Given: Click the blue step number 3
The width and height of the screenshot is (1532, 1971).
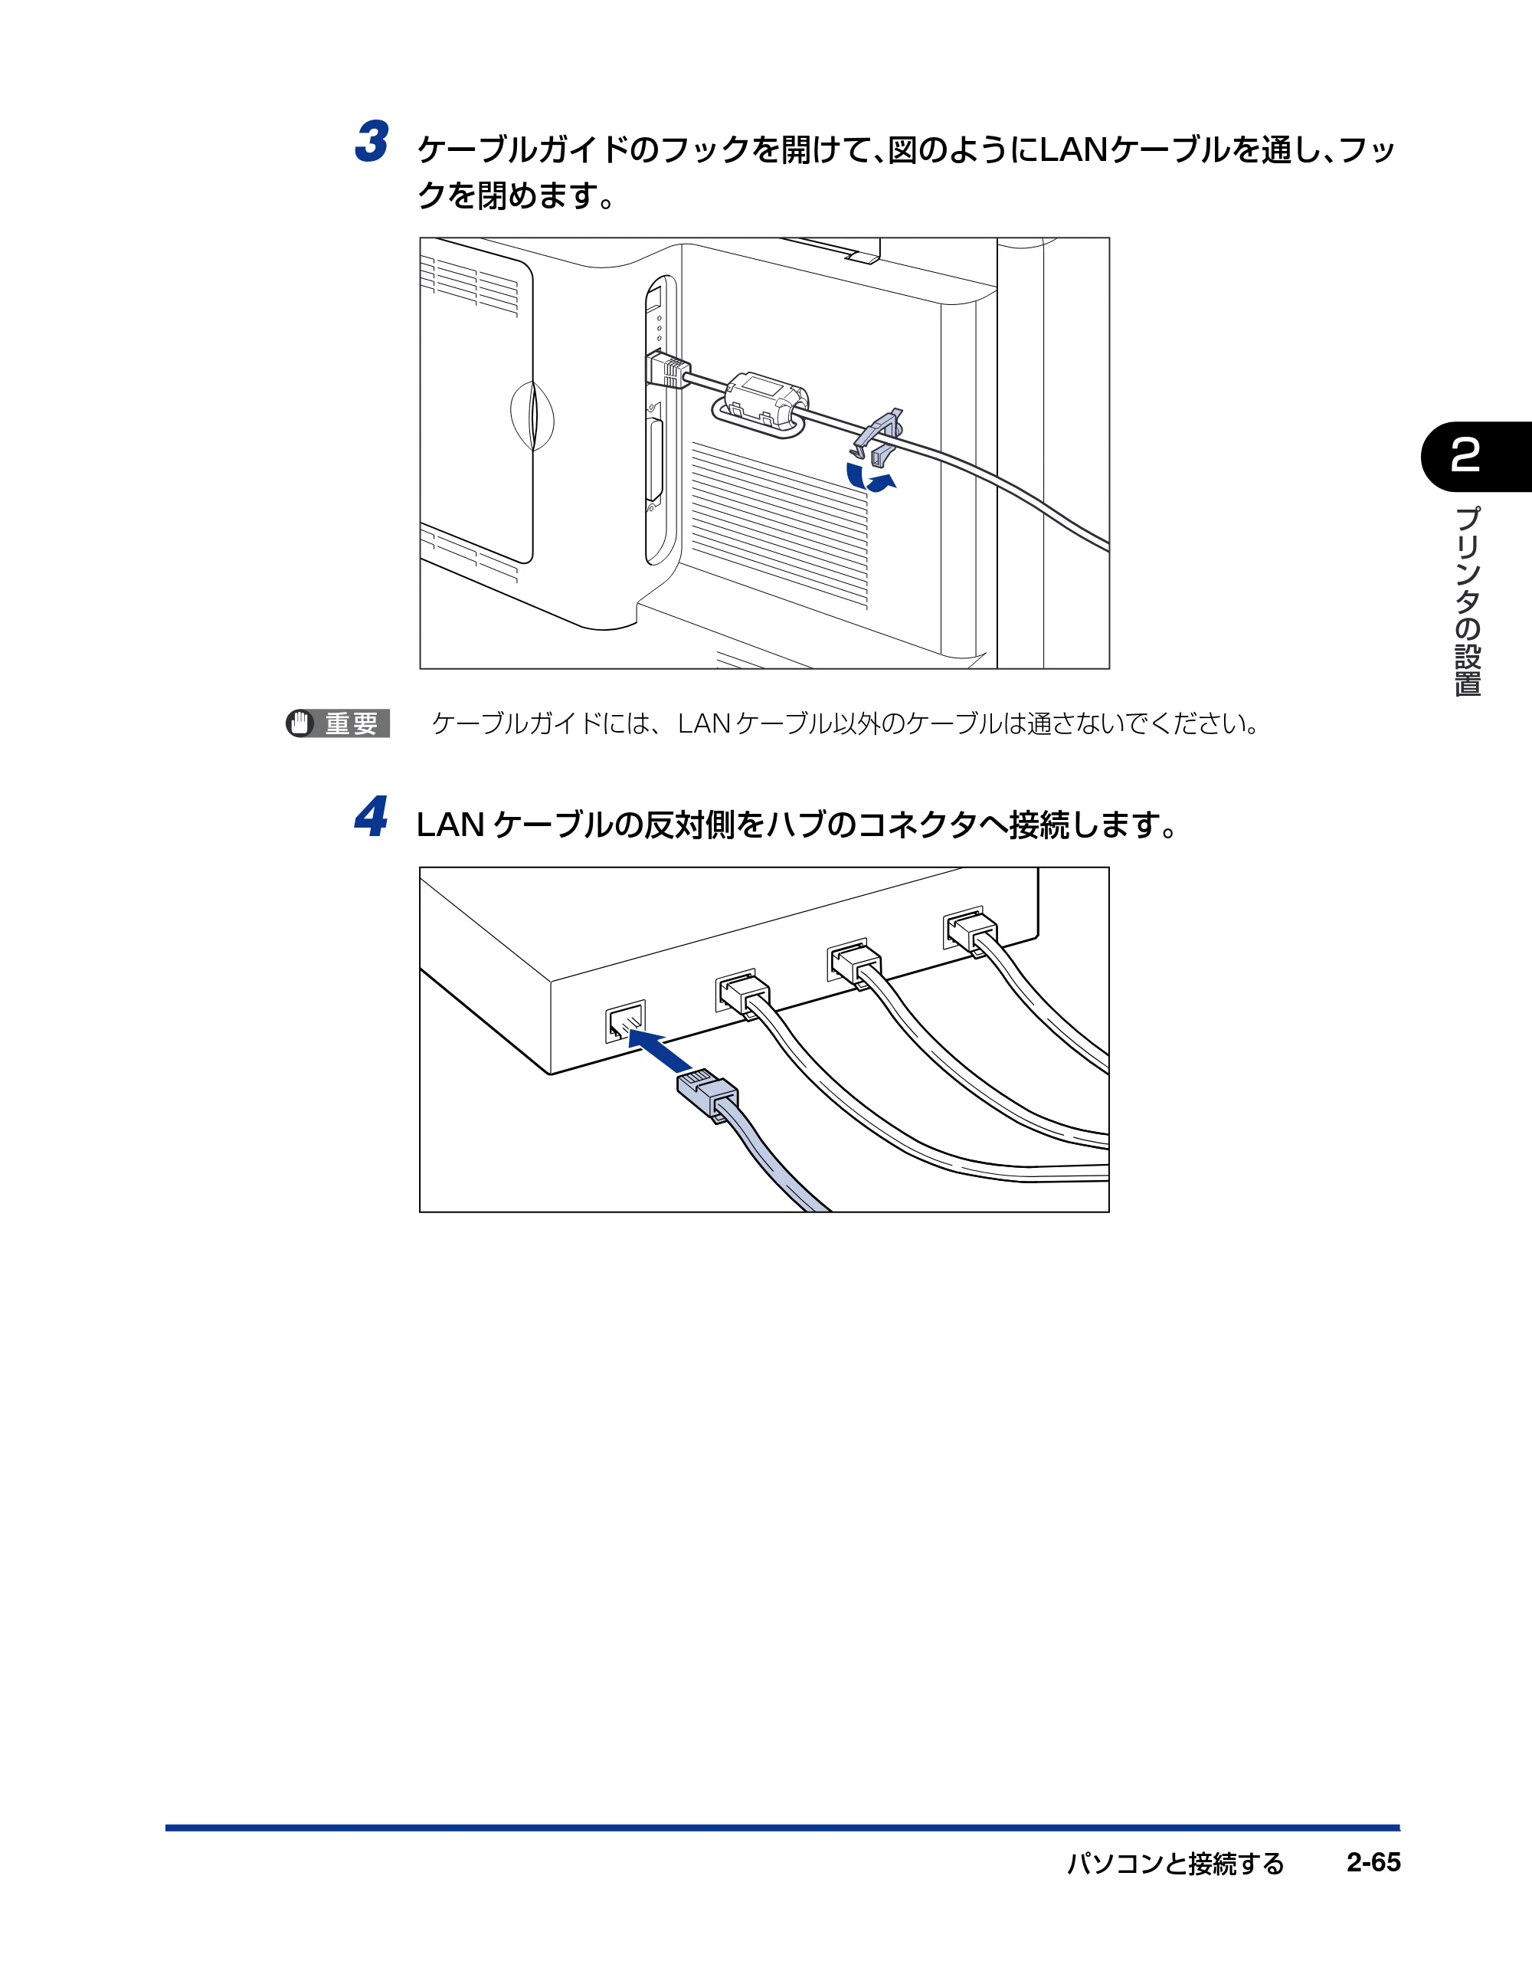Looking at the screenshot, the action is [372, 142].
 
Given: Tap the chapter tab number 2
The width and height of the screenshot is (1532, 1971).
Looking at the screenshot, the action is [1465, 455].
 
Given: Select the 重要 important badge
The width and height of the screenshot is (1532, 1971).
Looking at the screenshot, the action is [338, 723].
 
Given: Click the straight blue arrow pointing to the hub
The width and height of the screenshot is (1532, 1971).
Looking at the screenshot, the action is [660, 1051].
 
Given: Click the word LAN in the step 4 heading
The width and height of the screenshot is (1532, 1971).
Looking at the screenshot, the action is [450, 825].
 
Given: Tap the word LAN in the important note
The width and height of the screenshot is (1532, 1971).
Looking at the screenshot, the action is [704, 723].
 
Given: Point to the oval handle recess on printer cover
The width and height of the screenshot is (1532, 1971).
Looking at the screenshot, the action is [532, 415].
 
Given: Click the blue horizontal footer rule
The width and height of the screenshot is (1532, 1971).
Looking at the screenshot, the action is [782, 1827].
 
